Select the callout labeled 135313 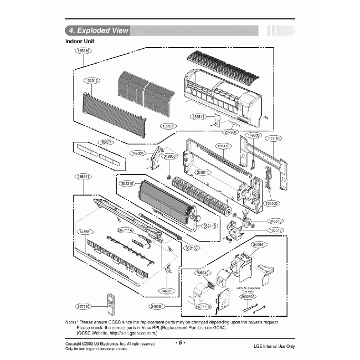pyautogui.click(x=91, y=80)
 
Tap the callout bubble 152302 pyautogui.click(x=168, y=126)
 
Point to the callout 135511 pyautogui.click(x=198, y=117)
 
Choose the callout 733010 pyautogui.click(x=274, y=138)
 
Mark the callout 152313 pyautogui.click(x=106, y=143)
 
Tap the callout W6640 pyautogui.click(x=203, y=272)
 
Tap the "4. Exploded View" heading pyautogui.click(x=97, y=30)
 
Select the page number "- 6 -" pyautogui.click(x=179, y=342)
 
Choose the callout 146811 pyautogui.click(x=167, y=290)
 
